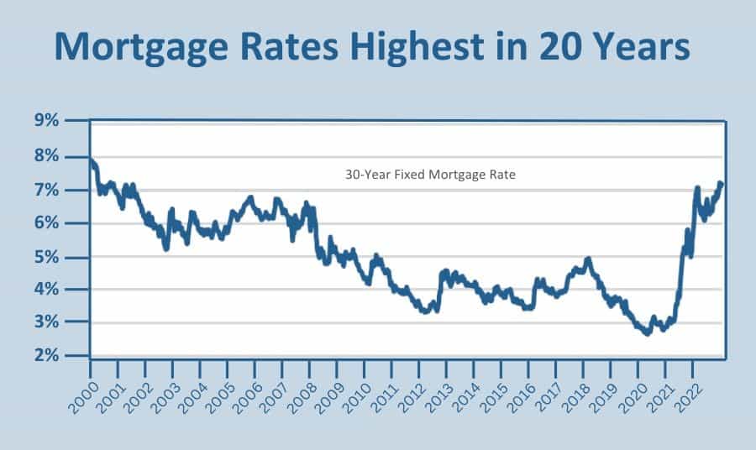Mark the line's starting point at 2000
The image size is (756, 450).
(91, 159)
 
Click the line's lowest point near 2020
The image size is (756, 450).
(648, 334)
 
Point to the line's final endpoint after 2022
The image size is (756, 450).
(721, 183)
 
